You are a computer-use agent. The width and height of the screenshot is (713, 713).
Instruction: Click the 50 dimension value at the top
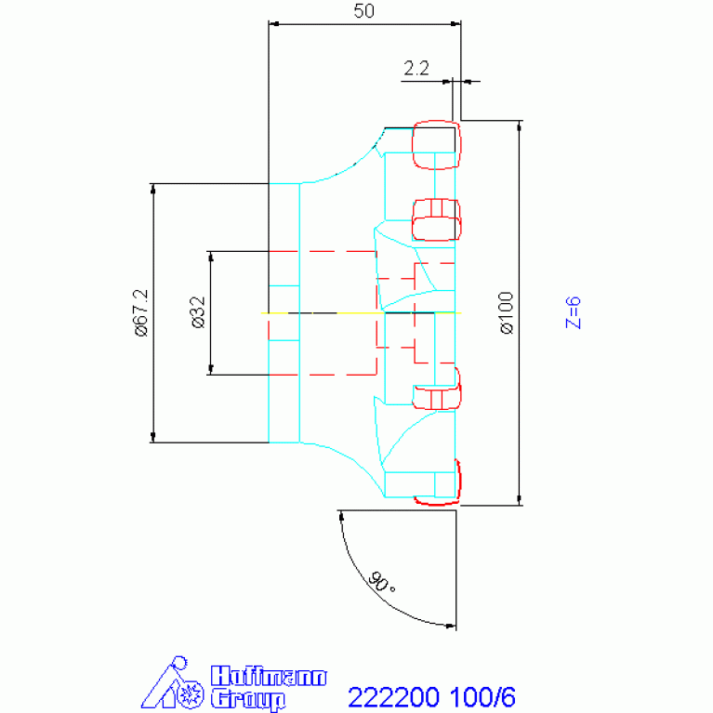click(x=363, y=11)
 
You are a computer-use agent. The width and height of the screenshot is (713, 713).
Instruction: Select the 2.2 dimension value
click(x=416, y=68)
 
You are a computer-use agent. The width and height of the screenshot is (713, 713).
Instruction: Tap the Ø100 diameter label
click(x=506, y=313)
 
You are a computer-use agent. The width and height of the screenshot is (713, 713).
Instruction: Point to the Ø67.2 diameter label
click(x=141, y=313)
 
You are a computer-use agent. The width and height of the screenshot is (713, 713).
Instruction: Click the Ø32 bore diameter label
click(x=198, y=312)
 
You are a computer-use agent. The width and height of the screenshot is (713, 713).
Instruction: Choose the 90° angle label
click(x=381, y=582)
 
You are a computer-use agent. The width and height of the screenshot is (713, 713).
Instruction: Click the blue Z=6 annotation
click(x=573, y=313)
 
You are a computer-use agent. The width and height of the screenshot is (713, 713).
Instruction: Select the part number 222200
click(x=394, y=696)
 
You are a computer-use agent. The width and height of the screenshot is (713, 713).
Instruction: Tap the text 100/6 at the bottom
click(x=482, y=696)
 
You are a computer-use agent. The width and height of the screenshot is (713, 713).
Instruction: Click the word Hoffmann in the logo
click(x=269, y=676)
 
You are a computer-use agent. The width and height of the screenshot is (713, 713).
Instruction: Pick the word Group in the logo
click(x=248, y=699)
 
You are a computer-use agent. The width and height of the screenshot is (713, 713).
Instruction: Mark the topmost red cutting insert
click(x=436, y=145)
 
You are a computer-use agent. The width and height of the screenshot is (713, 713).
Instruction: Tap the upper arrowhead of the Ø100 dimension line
click(x=520, y=126)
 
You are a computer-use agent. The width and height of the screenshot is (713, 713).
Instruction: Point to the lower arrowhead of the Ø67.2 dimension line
click(x=152, y=437)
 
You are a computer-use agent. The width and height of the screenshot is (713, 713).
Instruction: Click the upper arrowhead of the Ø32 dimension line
click(x=210, y=257)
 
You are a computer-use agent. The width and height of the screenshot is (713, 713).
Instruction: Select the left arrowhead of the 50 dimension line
click(x=274, y=23)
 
